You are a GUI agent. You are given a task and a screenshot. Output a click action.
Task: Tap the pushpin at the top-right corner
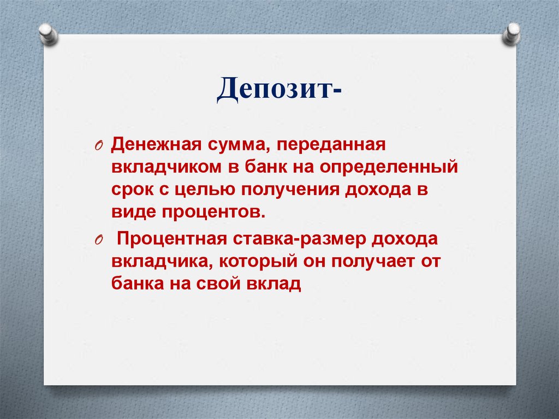click(x=512, y=33)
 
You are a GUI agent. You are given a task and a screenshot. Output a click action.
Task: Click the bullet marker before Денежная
click(x=98, y=146)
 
